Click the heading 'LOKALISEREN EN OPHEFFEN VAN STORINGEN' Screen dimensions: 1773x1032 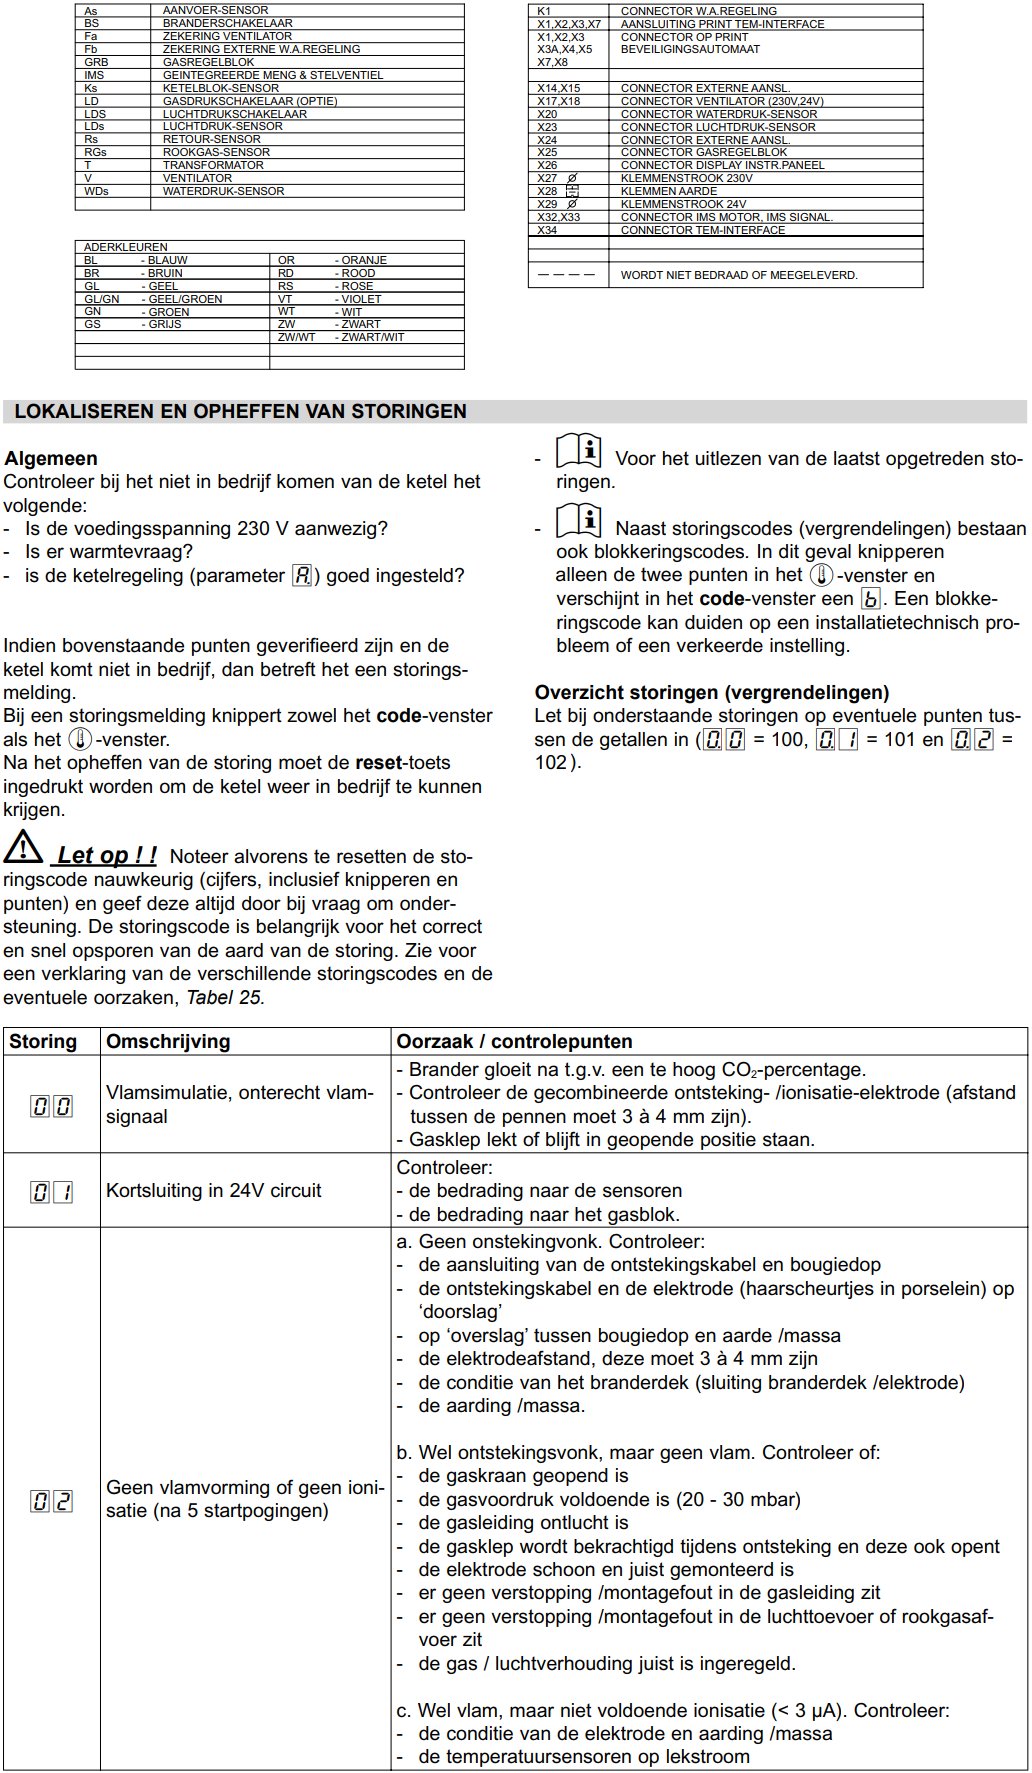(x=240, y=411)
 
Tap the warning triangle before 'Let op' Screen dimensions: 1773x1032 (x=22, y=850)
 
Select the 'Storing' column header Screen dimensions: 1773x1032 (x=43, y=1041)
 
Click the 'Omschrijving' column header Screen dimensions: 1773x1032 (x=168, y=1041)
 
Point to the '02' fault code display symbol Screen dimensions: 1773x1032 (x=51, y=1500)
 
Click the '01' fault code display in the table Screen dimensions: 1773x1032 (x=51, y=1191)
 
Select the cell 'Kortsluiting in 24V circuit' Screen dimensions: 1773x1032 (x=214, y=1191)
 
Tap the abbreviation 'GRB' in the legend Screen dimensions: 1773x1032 (x=96, y=62)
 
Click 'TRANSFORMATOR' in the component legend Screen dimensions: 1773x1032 (x=213, y=165)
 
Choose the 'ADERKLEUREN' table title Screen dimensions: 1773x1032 (x=126, y=247)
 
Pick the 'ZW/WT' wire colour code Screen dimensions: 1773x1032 (x=296, y=337)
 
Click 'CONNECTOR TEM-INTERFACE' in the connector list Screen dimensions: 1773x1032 (x=702, y=230)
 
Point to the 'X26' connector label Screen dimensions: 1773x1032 (x=547, y=165)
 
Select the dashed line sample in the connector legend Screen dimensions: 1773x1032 (x=566, y=274)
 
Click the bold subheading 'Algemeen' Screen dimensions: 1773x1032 (x=51, y=459)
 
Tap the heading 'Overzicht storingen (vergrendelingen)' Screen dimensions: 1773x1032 (x=712, y=692)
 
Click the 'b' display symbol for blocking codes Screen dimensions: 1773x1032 (x=871, y=599)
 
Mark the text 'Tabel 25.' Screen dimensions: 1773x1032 (x=225, y=997)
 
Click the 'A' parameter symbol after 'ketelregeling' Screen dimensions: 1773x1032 (x=302, y=576)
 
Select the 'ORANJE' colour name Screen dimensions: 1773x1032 (x=364, y=260)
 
